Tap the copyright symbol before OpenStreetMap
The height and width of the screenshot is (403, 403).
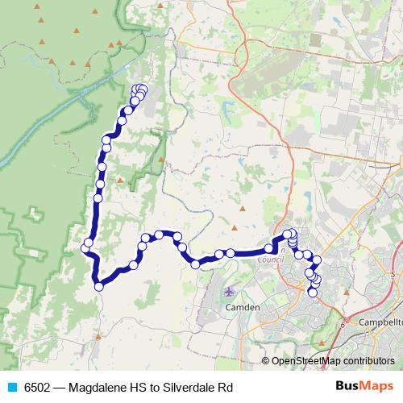click(266, 362)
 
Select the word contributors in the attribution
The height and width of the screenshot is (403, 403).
click(369, 362)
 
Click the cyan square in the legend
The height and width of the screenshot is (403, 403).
click(11, 386)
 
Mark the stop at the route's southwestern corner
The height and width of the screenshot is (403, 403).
click(99, 286)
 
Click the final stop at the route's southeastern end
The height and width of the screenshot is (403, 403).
click(313, 292)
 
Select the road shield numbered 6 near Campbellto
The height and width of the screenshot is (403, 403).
click(343, 326)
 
